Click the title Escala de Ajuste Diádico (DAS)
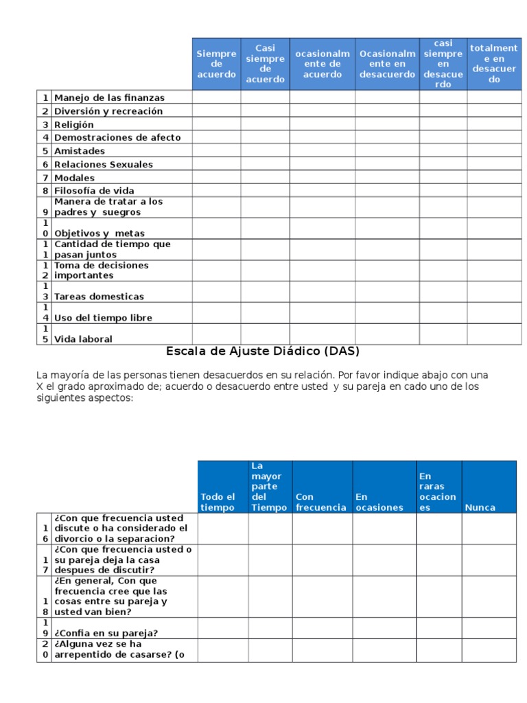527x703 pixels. pyautogui.click(x=263, y=351)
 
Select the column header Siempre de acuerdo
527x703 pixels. pyautogui.click(x=216, y=64)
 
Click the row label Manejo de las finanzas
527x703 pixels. pyautogui.click(x=110, y=97)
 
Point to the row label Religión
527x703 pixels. pyautogui.click(x=74, y=124)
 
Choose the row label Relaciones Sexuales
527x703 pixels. pyautogui.click(x=104, y=164)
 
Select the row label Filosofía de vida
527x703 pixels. pyautogui.click(x=95, y=190)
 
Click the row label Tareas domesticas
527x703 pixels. pyautogui.click(x=99, y=297)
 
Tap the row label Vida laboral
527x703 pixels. pyautogui.click(x=84, y=339)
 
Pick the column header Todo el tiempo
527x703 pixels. pyautogui.click(x=218, y=502)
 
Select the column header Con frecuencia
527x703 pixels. pyautogui.click(x=320, y=502)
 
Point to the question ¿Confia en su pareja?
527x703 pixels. pyautogui.click(x=106, y=633)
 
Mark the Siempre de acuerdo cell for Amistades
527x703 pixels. pyautogui.click(x=216, y=150)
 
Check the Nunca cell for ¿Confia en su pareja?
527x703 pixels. pyautogui.click(x=489, y=627)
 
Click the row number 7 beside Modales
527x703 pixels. pyautogui.click(x=45, y=178)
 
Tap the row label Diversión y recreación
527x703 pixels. pyautogui.click(x=108, y=111)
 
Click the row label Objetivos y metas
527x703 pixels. pyautogui.click(x=99, y=233)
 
